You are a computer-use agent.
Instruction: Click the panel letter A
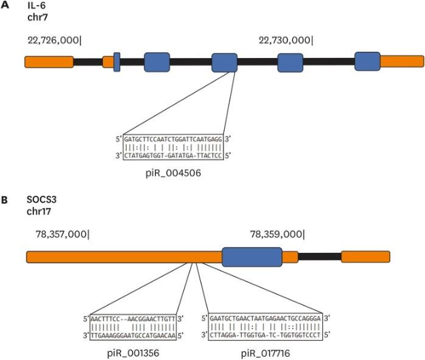(5, 5)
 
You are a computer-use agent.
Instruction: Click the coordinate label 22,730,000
(285, 41)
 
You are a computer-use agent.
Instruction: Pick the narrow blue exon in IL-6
(117, 61)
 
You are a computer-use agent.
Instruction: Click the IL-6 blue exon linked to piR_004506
(224, 62)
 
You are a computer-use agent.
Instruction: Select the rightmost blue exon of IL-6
(367, 61)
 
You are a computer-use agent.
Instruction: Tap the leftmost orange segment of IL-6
(49, 62)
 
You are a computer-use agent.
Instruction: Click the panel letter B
(5, 200)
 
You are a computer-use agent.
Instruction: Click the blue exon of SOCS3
(251, 256)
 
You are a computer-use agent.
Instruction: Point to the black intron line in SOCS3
(319, 256)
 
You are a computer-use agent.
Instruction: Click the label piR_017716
(267, 353)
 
